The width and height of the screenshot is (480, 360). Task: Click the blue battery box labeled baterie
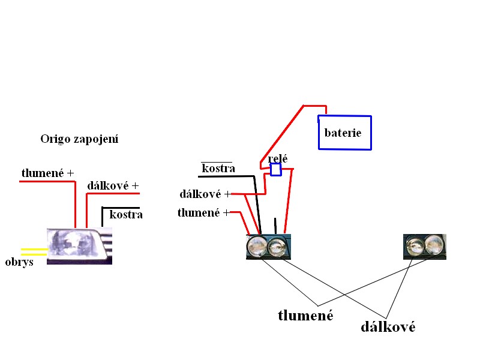(x=344, y=133)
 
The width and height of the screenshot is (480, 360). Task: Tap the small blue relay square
(x=275, y=170)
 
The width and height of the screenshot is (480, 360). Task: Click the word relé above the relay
(x=278, y=159)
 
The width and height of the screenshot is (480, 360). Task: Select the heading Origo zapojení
(x=79, y=139)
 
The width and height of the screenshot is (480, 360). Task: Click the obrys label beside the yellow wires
(x=19, y=263)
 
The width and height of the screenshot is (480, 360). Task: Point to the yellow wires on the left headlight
(x=34, y=251)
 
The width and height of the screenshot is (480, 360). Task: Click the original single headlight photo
(x=79, y=246)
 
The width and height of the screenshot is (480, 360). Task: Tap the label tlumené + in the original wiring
(x=48, y=173)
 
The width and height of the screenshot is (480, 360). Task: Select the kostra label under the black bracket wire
(x=126, y=214)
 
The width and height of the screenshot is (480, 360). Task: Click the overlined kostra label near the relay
(x=218, y=168)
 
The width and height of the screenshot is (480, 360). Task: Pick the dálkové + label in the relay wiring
(x=205, y=194)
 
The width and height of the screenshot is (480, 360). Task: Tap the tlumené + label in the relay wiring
(x=204, y=213)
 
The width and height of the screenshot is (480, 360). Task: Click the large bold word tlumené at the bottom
(x=305, y=315)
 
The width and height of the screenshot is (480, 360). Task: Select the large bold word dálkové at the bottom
(x=388, y=327)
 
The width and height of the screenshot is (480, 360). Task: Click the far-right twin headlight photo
(x=425, y=247)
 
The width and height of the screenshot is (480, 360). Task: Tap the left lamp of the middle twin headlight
(x=258, y=247)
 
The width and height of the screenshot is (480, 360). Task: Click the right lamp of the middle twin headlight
(x=277, y=247)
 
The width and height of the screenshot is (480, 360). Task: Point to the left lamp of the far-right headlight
(x=415, y=245)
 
